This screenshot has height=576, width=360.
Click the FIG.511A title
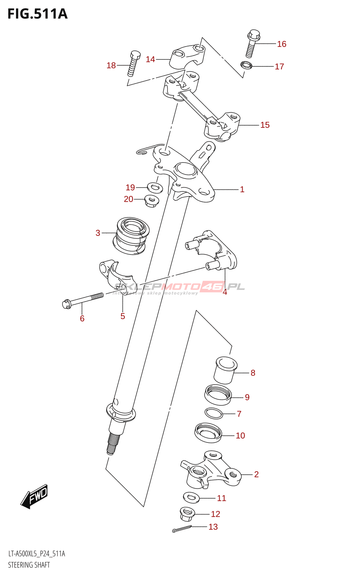pyautogui.click(x=37, y=14)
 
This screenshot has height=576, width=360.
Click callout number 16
pyautogui.click(x=282, y=44)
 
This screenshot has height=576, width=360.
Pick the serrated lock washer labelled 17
pyautogui.click(x=246, y=66)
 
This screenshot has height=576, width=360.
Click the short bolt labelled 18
pyautogui.click(x=133, y=63)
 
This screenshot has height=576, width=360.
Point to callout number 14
pyautogui.click(x=150, y=59)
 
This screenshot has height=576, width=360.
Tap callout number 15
pyautogui.click(x=265, y=125)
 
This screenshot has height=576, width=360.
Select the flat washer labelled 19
pyautogui.click(x=155, y=187)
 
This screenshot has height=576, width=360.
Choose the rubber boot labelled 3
pyautogui.click(x=131, y=236)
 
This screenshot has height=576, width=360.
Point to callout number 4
pyautogui.click(x=225, y=292)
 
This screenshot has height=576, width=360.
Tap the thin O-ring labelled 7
pyautogui.click(x=214, y=413)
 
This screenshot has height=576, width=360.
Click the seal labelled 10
pyautogui.click(x=208, y=433)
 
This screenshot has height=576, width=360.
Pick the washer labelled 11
pyautogui.click(x=191, y=498)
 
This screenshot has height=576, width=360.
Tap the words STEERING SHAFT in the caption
pyautogui.click(x=29, y=565)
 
